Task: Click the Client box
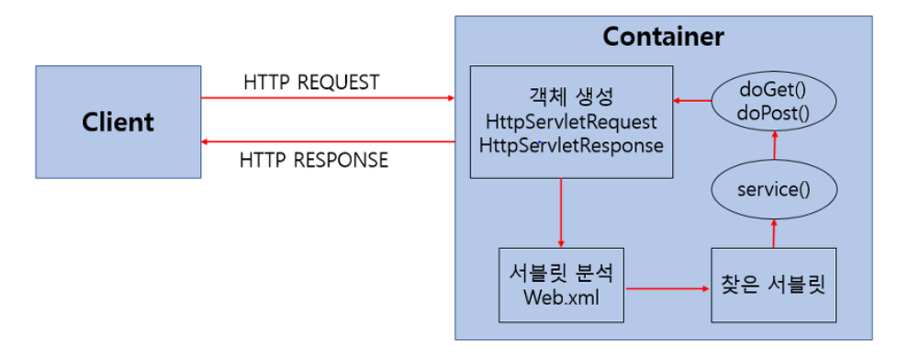pos(118,121)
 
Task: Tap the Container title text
pos(663,38)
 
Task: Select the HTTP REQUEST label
pos(311,82)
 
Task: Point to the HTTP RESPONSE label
pos(314,161)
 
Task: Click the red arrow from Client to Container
pos(328,97)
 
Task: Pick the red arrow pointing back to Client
pos(328,141)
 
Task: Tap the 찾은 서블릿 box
pos(774,284)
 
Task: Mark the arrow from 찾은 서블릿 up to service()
pos(774,232)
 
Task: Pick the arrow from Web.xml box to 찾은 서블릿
pos(668,287)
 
